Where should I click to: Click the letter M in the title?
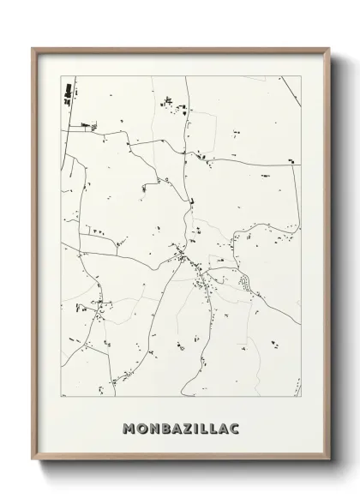click(129, 427)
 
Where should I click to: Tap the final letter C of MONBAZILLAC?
click(233, 427)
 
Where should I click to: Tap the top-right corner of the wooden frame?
click(328, 48)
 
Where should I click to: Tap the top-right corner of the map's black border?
click(301, 76)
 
